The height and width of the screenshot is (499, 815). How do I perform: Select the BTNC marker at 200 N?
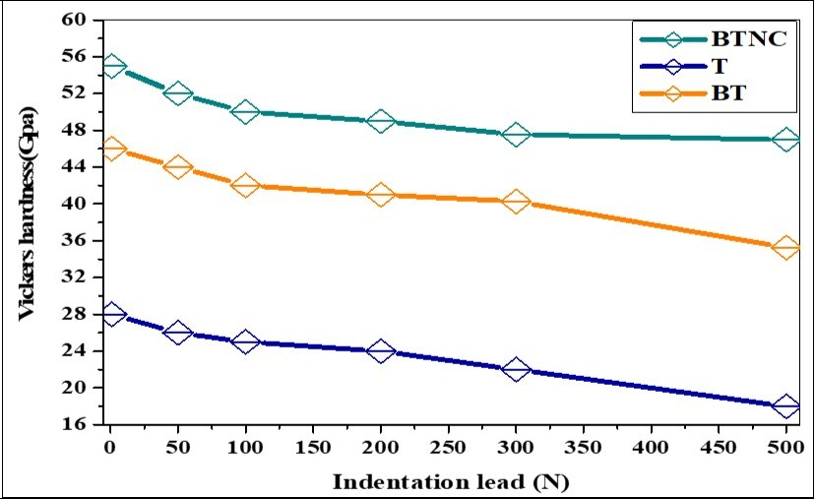pos(381,121)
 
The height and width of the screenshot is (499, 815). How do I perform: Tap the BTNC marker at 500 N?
pos(786,140)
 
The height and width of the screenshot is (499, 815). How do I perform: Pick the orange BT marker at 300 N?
pos(516,201)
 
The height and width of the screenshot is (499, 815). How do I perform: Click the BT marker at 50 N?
pos(178,167)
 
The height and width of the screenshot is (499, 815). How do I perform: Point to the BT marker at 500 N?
pos(786,247)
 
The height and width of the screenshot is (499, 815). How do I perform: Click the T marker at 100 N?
pos(245,342)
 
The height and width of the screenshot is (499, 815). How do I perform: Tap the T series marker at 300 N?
pos(516,369)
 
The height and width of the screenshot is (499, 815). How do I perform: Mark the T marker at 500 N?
pos(786,405)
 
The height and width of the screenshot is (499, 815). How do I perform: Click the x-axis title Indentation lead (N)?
pos(450,481)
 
